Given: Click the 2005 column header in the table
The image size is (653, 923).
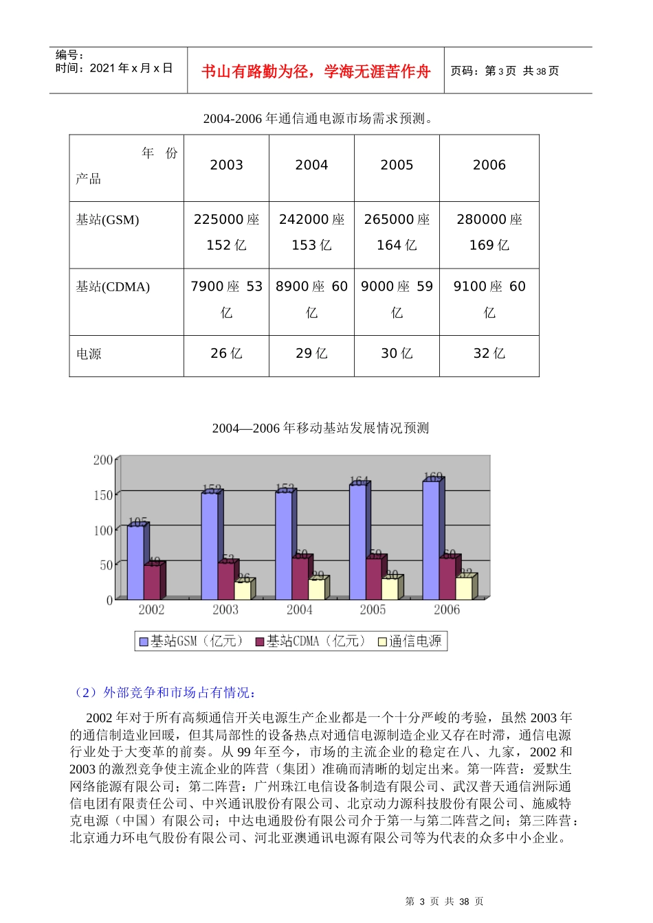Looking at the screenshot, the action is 397,166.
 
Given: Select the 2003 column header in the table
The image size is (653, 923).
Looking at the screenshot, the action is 226,166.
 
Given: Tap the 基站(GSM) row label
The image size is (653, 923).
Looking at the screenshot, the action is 107,220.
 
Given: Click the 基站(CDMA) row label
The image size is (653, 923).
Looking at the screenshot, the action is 113,287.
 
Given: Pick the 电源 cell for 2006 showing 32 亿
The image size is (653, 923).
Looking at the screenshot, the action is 489,354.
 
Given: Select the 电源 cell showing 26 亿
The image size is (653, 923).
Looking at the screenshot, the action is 226,354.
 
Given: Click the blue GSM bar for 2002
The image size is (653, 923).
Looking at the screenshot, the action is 135,562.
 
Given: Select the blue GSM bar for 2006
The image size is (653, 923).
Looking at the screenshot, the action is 431,540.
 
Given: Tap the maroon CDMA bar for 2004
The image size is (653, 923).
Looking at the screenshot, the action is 300,578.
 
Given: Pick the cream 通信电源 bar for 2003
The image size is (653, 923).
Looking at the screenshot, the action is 243,591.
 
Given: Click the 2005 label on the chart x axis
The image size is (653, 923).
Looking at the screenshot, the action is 373,610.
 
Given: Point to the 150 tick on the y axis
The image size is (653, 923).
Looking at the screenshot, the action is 103,495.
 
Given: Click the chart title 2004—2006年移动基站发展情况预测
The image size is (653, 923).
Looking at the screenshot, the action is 320,429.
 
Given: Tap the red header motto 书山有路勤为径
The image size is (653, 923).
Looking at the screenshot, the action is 316,71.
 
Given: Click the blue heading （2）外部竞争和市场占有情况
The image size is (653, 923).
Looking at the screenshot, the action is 165,692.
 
